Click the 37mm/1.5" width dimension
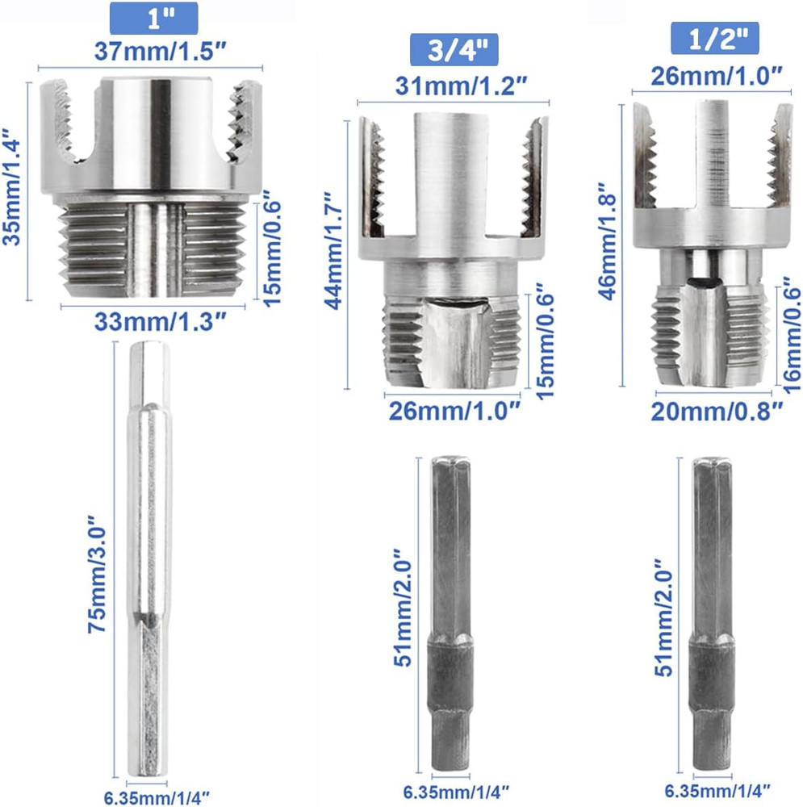151,54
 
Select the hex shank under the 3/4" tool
450,613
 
